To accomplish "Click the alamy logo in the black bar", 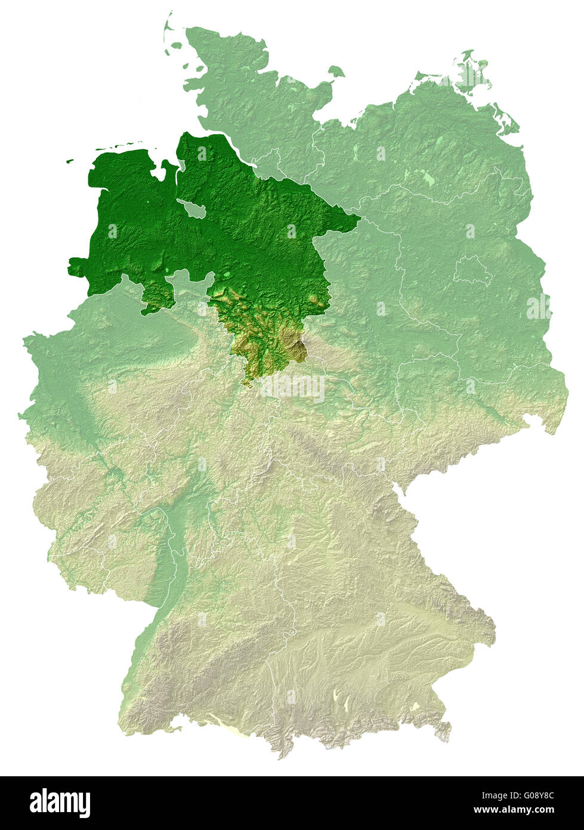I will [x=60, y=803].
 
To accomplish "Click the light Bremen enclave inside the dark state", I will [x=192, y=209].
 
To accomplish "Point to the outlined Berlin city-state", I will [x=472, y=271].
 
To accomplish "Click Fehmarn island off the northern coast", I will [x=336, y=71].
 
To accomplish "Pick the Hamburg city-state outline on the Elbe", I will [x=271, y=161].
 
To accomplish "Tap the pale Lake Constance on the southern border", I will [x=224, y=726].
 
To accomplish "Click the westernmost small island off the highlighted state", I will [x=70, y=160].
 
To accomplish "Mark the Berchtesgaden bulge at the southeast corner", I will [x=444, y=732].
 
